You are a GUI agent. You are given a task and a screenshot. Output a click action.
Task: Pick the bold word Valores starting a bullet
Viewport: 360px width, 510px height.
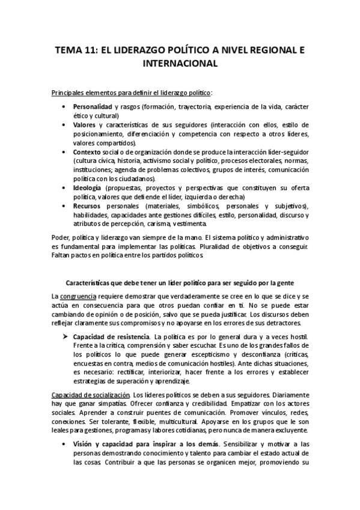pos(85,124)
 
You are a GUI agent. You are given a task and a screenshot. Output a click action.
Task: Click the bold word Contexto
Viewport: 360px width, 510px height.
pos(88,152)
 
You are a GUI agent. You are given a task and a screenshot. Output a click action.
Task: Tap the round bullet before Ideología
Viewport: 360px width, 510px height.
pos(64,188)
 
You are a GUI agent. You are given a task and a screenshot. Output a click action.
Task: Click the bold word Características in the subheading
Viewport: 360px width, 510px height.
pos(94,283)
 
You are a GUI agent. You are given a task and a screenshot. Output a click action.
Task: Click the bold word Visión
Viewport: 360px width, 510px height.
pos(84,443)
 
